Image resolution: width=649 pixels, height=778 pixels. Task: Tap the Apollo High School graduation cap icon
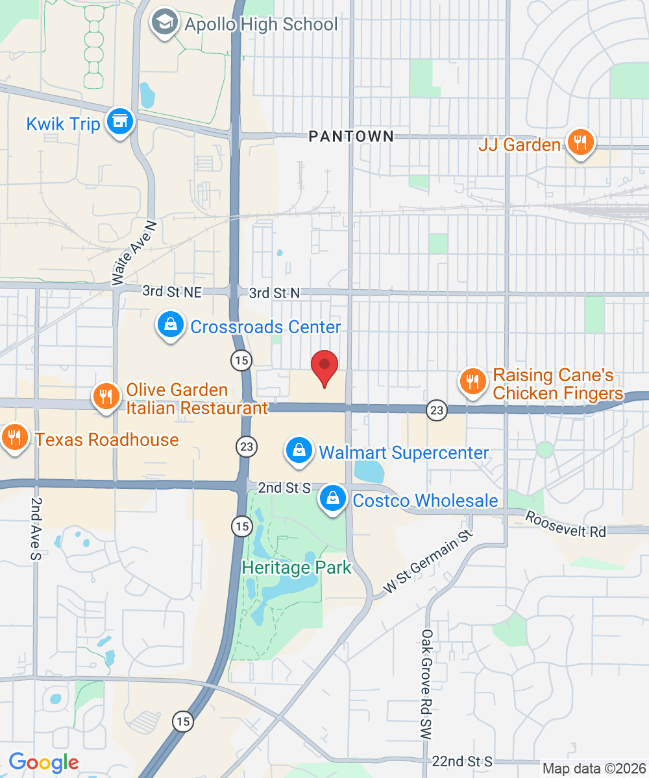click(164, 23)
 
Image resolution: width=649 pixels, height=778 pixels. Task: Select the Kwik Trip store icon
click(119, 121)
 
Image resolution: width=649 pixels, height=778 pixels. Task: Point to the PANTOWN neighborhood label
click(351, 136)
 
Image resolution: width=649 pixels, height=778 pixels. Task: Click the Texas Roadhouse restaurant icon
click(14, 438)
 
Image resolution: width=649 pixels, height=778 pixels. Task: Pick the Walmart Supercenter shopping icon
click(299, 451)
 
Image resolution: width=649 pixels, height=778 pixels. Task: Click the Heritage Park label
click(296, 568)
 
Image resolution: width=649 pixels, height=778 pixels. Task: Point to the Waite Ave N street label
click(134, 253)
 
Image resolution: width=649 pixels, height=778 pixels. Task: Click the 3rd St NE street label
click(172, 292)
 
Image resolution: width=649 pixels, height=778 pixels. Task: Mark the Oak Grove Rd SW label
click(426, 685)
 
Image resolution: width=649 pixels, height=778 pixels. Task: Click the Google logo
click(43, 762)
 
